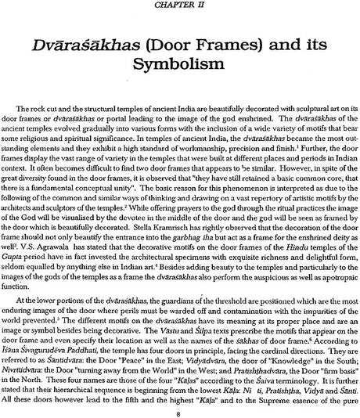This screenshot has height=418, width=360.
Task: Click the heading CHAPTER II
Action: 179,4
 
